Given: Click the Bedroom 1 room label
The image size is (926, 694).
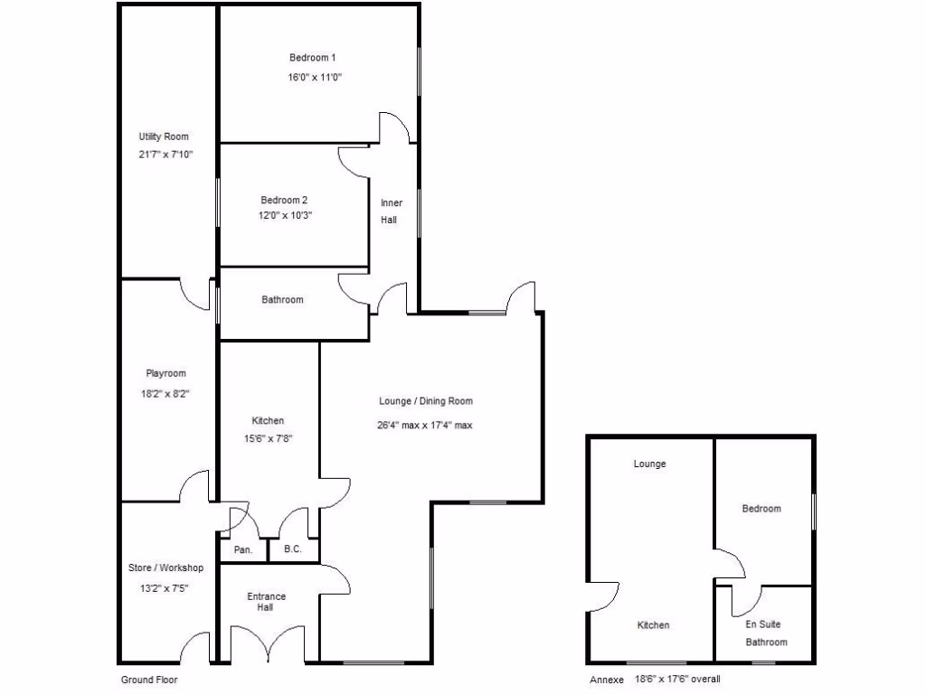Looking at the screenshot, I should (312, 58).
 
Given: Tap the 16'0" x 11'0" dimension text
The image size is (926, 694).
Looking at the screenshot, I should (315, 78).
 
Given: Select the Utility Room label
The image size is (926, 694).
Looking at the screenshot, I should (164, 136).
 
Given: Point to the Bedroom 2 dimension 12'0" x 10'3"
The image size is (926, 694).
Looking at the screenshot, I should (287, 215).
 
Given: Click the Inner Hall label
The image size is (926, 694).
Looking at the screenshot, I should (391, 211).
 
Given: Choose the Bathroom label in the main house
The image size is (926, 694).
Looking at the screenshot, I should (282, 299).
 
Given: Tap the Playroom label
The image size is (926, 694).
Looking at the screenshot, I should (165, 373).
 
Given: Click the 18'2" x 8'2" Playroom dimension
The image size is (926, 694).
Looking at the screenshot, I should (165, 393).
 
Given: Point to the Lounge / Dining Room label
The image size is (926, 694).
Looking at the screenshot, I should (425, 401).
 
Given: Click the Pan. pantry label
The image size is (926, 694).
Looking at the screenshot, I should (242, 549).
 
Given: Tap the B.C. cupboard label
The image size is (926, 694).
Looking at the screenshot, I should (292, 549).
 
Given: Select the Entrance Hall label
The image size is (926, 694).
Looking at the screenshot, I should (266, 602).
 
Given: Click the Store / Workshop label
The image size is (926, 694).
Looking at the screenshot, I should (165, 567).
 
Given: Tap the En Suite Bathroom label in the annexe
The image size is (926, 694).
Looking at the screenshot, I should (763, 633).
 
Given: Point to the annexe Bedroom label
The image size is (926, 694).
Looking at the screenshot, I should (761, 509).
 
